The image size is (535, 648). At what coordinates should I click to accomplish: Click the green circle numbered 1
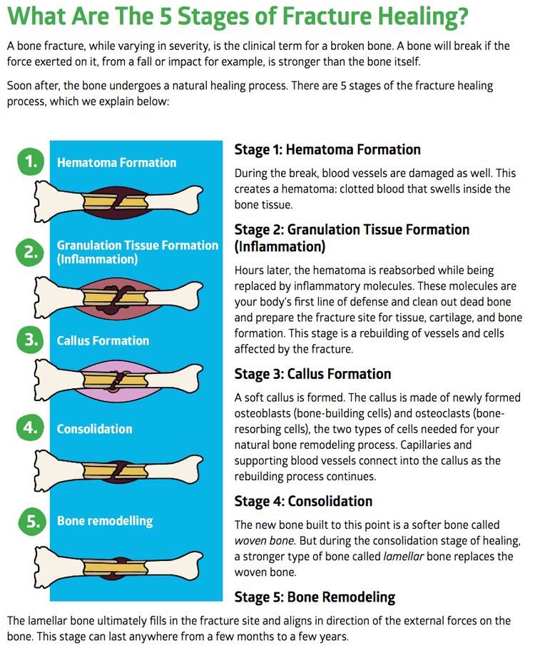coord(31,161)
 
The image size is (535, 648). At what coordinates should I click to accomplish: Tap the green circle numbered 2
coord(30,252)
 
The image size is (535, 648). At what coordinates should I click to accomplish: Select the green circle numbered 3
coord(30,340)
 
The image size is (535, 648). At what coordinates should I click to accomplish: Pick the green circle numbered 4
coord(30,427)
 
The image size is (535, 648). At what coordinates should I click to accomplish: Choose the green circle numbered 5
coord(31,521)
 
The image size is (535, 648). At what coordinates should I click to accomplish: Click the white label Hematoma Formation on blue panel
coord(116,163)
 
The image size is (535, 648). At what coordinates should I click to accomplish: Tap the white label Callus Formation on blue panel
coord(103,340)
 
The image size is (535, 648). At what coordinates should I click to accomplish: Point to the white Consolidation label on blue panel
coord(95,429)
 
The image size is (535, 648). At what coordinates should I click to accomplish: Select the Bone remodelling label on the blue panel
coord(105,521)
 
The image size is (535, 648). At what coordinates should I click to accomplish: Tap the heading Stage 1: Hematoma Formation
coord(327,150)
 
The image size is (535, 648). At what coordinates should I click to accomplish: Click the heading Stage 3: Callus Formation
coord(312,374)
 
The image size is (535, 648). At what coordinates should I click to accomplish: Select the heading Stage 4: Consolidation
coord(304,501)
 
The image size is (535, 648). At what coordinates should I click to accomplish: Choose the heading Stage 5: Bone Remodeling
coord(315,597)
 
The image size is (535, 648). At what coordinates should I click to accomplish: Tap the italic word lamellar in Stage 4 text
coord(403,556)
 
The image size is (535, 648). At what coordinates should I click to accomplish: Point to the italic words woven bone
coord(265,540)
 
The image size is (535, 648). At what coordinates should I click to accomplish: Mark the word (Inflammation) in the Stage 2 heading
coord(280,247)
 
